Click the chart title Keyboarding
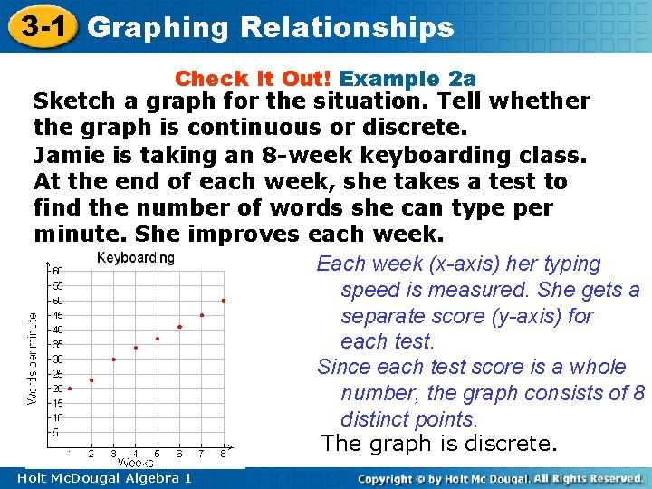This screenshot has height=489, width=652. point(135,258)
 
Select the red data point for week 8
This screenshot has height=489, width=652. point(224,301)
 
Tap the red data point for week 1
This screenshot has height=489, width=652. point(70,388)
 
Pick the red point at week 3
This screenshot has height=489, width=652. point(114,360)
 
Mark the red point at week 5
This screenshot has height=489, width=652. point(158,339)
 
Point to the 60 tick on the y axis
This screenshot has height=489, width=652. point(57,271)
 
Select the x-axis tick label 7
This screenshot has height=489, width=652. point(202,453)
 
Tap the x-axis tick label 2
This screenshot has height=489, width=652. point(91,453)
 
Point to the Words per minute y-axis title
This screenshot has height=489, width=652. point(33,359)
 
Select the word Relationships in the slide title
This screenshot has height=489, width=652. point(347,27)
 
